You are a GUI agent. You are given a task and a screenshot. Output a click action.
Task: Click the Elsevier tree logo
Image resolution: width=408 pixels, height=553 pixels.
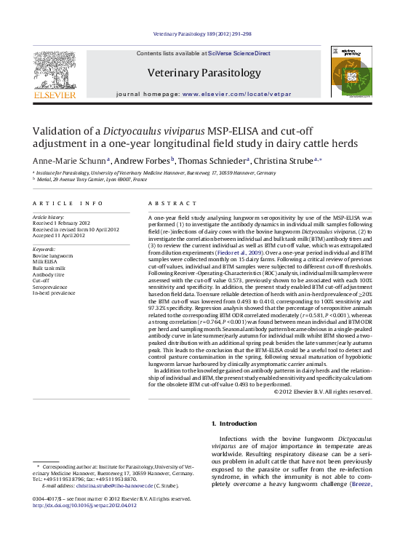point(54,72)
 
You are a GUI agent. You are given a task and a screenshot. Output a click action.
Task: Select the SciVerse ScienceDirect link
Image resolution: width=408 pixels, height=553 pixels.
point(239,53)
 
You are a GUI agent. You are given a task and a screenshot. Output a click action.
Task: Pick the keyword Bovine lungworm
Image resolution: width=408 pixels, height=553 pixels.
point(53,256)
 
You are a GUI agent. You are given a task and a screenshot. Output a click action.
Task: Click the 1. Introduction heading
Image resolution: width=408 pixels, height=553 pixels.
point(233,423)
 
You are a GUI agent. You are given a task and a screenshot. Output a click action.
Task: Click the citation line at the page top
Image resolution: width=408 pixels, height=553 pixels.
point(204,33)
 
